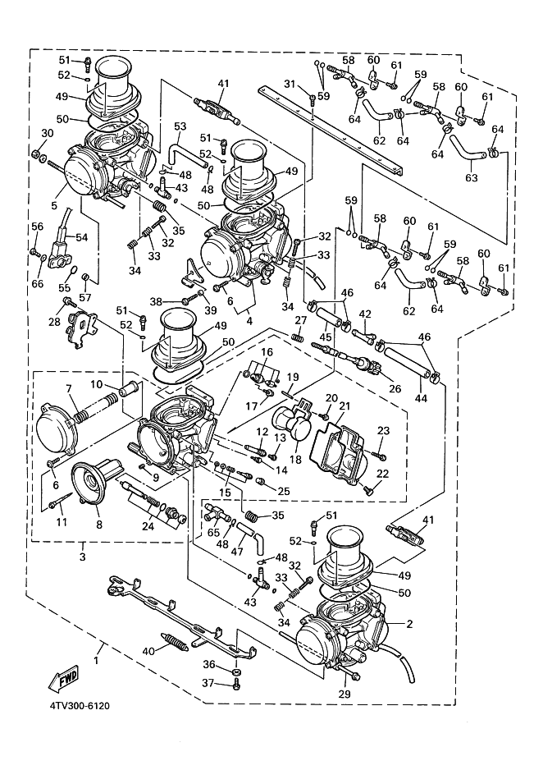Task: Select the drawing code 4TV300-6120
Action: tap(73, 704)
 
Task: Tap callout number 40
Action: tap(148, 651)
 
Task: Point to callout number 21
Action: tap(345, 406)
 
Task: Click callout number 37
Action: tap(209, 683)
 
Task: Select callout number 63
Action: tap(470, 176)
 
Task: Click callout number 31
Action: tap(289, 85)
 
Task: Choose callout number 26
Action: tap(395, 389)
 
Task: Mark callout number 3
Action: tap(82, 557)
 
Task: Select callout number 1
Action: tap(98, 659)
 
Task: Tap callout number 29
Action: tap(345, 694)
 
